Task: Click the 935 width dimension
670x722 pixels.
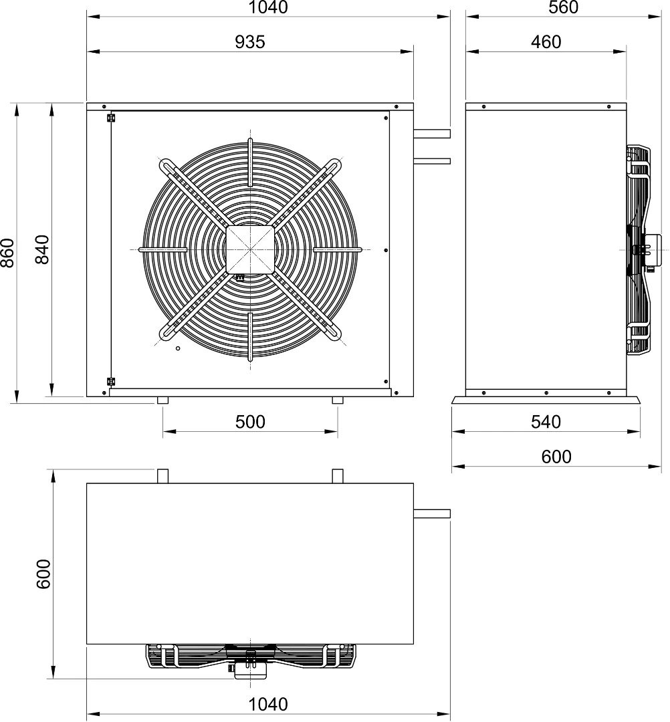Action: [x=250, y=42]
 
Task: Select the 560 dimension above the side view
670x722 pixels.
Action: [x=563, y=7]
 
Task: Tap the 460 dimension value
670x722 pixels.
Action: [x=546, y=42]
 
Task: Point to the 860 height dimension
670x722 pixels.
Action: [x=8, y=253]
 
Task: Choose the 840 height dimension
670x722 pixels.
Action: [x=42, y=249]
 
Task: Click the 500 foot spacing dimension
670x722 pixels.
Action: [x=250, y=422]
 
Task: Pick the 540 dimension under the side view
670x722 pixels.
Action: [x=546, y=422]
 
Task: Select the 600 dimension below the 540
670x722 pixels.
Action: [x=556, y=457]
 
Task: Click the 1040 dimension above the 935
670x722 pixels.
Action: [x=268, y=7]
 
